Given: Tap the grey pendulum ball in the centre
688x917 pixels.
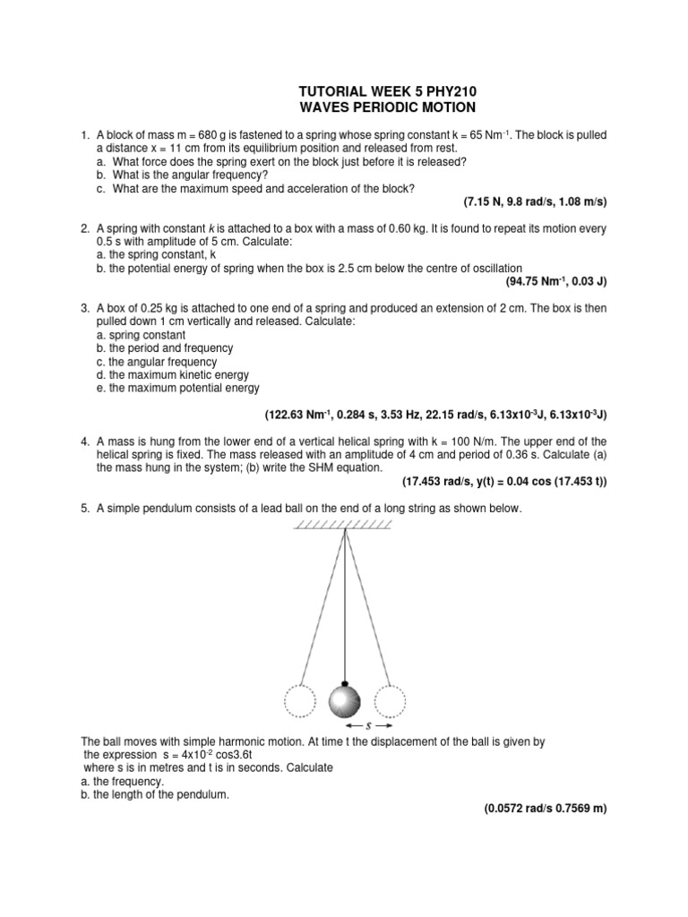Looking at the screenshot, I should pos(345,701).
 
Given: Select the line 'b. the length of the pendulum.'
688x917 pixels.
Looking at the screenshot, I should pos(149,793).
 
